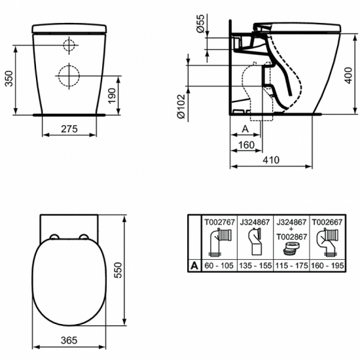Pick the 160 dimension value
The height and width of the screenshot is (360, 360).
[247, 145]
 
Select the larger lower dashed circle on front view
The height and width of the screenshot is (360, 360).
[70, 76]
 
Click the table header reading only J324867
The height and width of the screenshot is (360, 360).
[254, 223]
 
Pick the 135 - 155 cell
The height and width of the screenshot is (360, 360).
[254, 266]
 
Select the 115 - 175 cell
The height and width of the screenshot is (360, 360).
[289, 266]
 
